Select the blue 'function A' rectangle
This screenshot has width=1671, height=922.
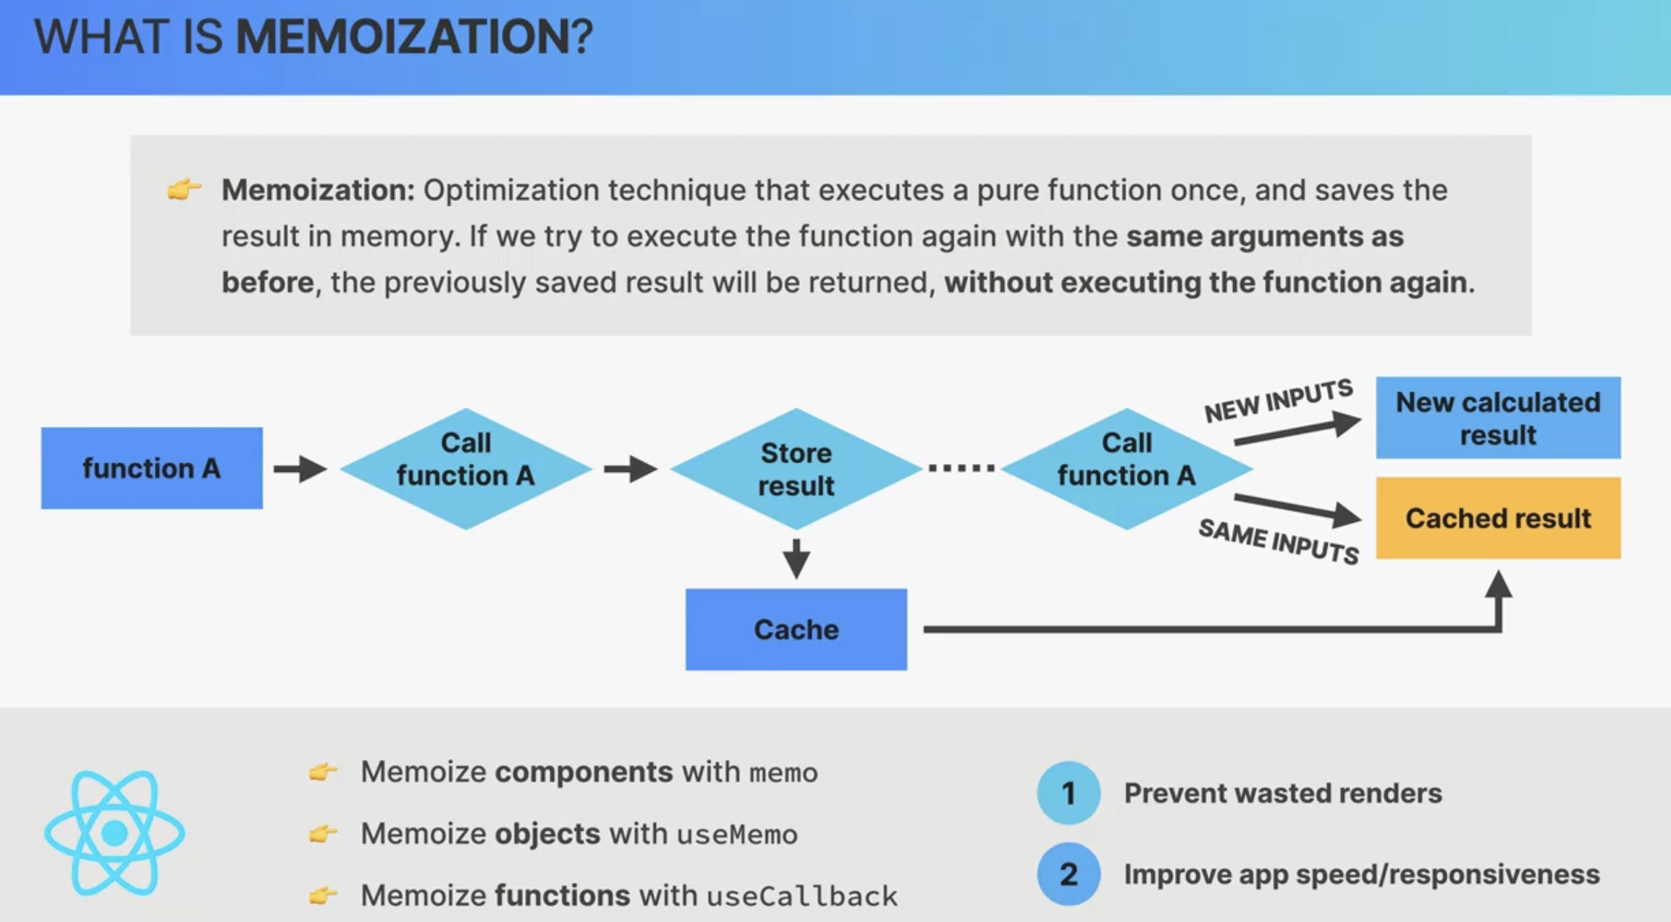[x=151, y=468]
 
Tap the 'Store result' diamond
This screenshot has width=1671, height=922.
[x=796, y=469]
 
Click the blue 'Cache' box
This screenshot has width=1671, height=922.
[x=796, y=630]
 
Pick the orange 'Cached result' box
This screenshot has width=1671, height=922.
[x=1498, y=518]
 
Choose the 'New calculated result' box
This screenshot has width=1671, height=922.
[x=1498, y=418]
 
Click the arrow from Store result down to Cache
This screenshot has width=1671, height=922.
[x=796, y=559]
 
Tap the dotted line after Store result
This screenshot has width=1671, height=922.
[x=961, y=468]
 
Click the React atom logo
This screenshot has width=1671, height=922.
[x=114, y=833]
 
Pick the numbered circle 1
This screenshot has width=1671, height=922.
[x=1069, y=793]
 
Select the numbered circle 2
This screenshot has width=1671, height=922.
[x=1069, y=874]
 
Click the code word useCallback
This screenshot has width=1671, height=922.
[x=802, y=897]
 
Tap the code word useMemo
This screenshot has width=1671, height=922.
[x=737, y=835]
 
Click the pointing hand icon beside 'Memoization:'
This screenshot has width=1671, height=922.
[x=184, y=190]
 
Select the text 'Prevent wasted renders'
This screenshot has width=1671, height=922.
[x=1283, y=793]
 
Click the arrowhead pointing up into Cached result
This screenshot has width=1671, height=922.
[x=1498, y=583]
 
